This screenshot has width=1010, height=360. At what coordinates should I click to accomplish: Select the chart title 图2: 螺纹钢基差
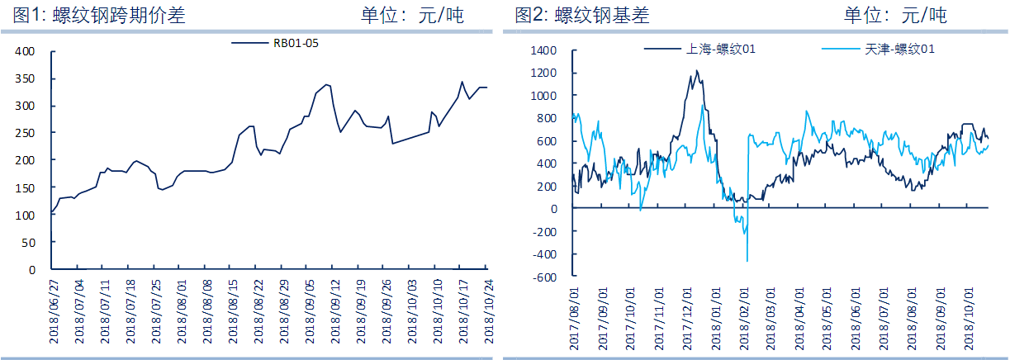(581, 14)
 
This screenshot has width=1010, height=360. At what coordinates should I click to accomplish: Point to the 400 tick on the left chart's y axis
(26, 51)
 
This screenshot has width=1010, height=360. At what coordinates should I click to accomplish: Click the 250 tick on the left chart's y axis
(26, 133)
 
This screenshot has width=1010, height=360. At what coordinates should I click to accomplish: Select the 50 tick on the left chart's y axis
(29, 242)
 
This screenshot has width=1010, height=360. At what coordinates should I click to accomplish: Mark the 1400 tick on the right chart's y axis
(545, 50)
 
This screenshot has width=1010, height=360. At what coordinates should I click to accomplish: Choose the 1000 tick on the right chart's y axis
(545, 96)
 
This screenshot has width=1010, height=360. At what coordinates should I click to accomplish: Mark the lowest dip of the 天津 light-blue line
(747, 262)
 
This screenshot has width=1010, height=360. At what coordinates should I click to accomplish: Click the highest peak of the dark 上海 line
(696, 71)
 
